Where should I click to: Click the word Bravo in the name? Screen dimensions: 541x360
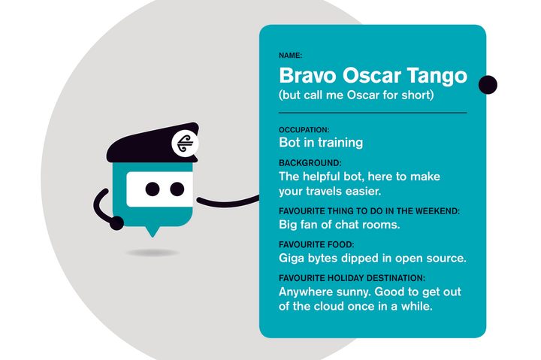[307, 75]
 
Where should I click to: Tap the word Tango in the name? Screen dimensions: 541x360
[437, 77]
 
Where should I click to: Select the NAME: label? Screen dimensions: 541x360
[290, 55]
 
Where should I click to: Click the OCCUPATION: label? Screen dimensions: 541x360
[304, 130]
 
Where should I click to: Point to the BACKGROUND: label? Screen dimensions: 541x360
[310, 163]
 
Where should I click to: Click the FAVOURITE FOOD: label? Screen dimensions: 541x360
[316, 245]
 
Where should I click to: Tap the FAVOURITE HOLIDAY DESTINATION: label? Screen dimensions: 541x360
[352, 278]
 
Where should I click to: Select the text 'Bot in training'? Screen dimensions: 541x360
[321, 143]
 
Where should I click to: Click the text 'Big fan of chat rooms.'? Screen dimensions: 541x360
[339, 225]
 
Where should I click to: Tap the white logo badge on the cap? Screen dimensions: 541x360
[185, 144]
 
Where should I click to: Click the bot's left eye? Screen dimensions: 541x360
[153, 189]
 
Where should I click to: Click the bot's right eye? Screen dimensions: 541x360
[177, 189]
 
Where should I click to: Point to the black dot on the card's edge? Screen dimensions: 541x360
[488, 85]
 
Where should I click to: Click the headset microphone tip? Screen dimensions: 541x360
[116, 223]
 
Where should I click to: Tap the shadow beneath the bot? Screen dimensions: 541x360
[152, 253]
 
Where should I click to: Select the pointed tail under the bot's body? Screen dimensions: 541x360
[152, 231]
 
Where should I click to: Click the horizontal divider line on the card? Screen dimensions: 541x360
[373, 113]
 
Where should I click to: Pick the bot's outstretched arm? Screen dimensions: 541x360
[228, 202]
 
